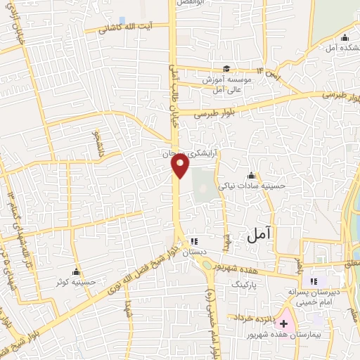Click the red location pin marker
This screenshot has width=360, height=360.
coord(181,165)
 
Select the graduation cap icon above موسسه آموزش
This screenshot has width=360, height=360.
coord(226,68)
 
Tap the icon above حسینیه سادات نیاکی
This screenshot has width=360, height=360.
coord(251,175)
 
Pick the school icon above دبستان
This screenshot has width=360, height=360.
coord(193,242)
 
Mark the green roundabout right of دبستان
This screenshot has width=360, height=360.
coord(208,263)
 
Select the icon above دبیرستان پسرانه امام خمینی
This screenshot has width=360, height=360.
coord(314,281)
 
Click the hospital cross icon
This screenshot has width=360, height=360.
coord(283,324)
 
